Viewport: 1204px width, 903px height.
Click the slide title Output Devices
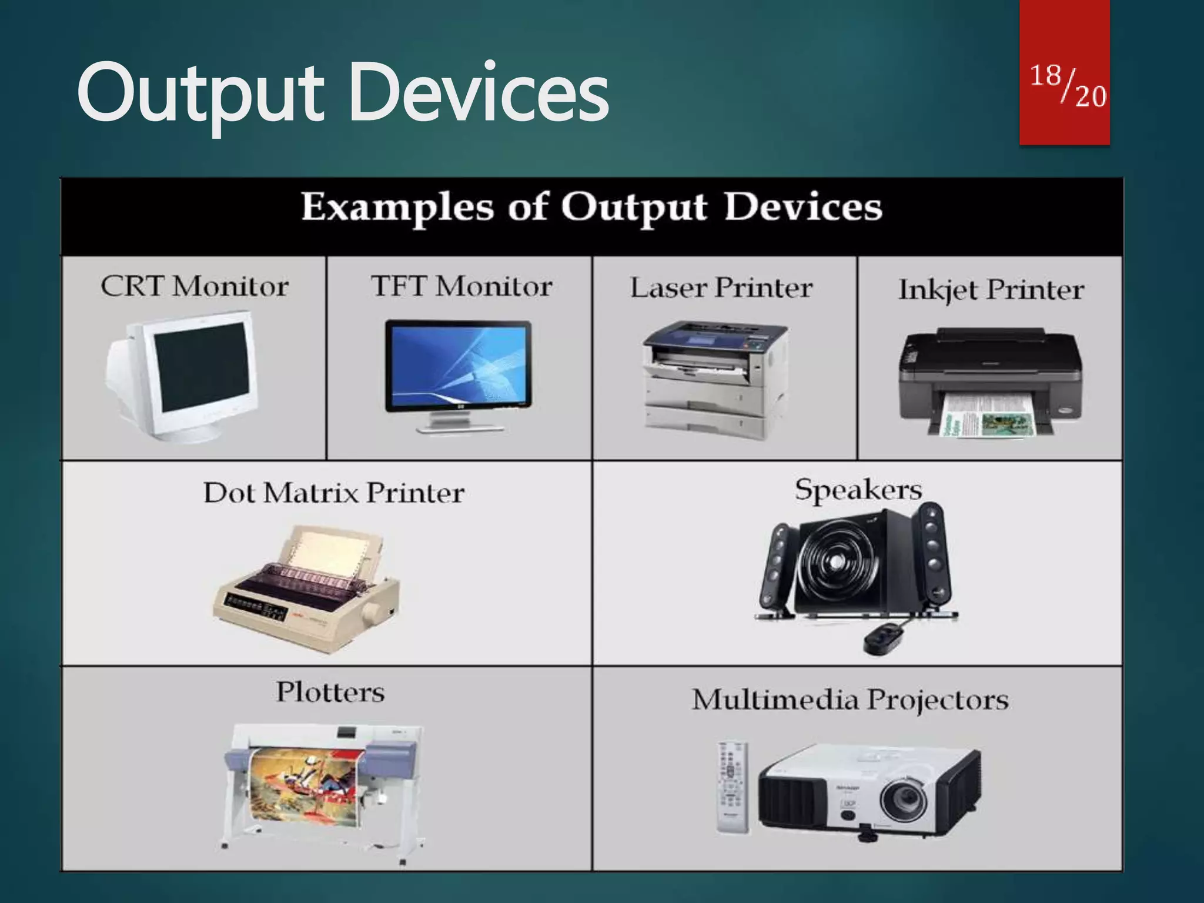[x=343, y=94]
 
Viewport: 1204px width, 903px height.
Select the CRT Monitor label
[x=195, y=287]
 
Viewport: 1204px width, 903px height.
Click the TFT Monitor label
[x=461, y=287]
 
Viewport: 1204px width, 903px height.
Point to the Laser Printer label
[x=721, y=288]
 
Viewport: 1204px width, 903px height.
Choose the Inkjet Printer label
[x=991, y=290]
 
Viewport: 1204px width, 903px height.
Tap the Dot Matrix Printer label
[x=334, y=493]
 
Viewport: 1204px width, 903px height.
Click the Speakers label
[x=858, y=490]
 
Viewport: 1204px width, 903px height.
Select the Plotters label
[x=330, y=692]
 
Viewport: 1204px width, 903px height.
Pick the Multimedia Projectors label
[x=850, y=700]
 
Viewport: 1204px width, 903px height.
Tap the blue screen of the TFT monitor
[x=459, y=364]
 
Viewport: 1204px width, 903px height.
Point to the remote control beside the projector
[x=733, y=788]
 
